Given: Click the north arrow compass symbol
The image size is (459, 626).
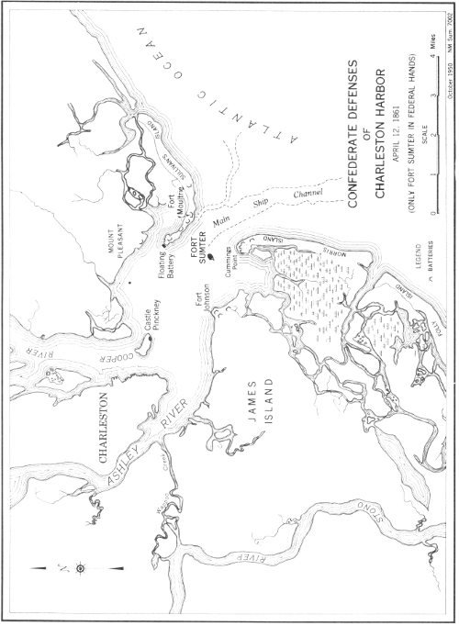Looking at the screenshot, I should point(81,568).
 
